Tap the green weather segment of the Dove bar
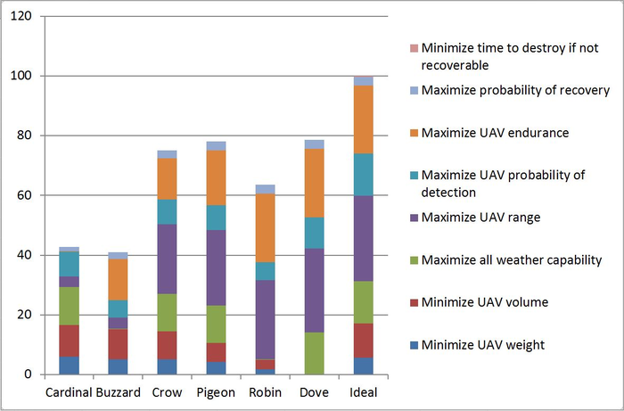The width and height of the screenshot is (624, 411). [x=314, y=353]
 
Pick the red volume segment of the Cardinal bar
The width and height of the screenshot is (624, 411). [x=69, y=341]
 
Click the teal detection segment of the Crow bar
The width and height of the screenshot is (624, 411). [x=167, y=211]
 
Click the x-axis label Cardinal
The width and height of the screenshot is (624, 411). [x=69, y=392]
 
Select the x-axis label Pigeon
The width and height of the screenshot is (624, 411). [x=216, y=392]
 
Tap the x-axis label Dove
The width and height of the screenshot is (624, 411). [x=314, y=392]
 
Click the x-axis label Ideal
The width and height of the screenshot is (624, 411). [x=363, y=392]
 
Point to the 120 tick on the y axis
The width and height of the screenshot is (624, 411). [x=23, y=17]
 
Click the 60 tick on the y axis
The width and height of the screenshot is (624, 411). [x=26, y=195]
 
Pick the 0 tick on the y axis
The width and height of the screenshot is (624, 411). [x=29, y=374]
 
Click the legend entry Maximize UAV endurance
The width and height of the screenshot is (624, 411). [x=495, y=133]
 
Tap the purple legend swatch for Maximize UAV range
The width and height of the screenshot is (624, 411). [x=413, y=218]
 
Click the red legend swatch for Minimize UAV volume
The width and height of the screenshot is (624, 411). [x=413, y=303]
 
